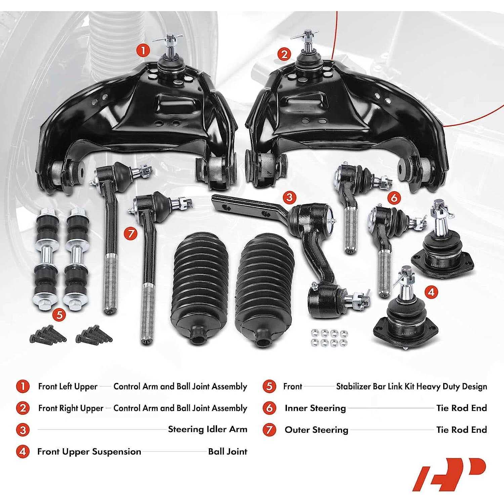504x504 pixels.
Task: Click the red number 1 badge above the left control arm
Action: point(143,51)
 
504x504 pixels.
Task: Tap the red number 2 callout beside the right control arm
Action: point(284,54)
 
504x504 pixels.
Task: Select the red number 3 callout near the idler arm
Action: point(289,197)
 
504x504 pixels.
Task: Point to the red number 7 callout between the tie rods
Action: point(130,233)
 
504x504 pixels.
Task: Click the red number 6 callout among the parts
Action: point(394,198)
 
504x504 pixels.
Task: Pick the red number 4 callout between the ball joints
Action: point(431,292)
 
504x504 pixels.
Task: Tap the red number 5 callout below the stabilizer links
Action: point(59,315)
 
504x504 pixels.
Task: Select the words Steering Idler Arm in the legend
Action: point(207,429)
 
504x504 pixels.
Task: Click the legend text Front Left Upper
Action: point(68,386)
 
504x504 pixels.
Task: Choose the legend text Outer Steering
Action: point(316,430)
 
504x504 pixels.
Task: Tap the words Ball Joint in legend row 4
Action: point(227,451)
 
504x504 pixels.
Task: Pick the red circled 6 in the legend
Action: point(269,408)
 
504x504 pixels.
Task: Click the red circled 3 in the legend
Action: point(23,430)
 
